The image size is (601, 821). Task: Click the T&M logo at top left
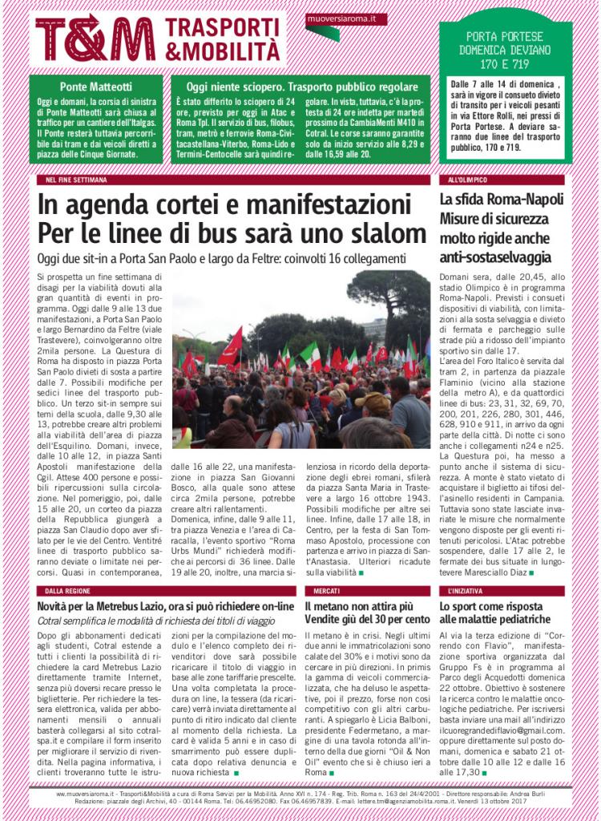click(95, 38)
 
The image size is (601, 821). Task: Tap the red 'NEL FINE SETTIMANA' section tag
click(76, 180)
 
